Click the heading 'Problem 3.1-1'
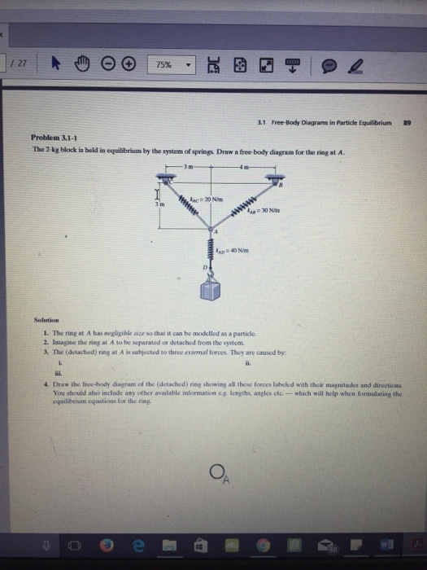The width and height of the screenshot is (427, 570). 53,138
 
